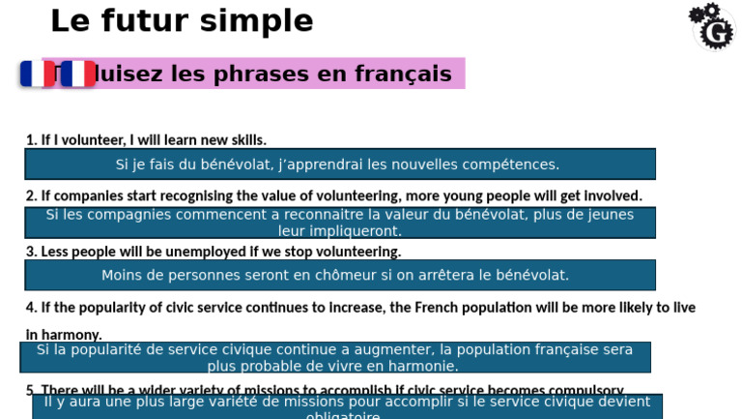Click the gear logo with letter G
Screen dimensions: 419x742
(712, 25)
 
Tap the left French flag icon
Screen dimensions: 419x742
(38, 74)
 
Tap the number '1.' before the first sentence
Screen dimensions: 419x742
(31, 140)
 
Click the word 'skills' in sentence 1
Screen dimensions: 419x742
(245, 140)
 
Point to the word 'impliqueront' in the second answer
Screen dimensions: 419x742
(353, 231)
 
